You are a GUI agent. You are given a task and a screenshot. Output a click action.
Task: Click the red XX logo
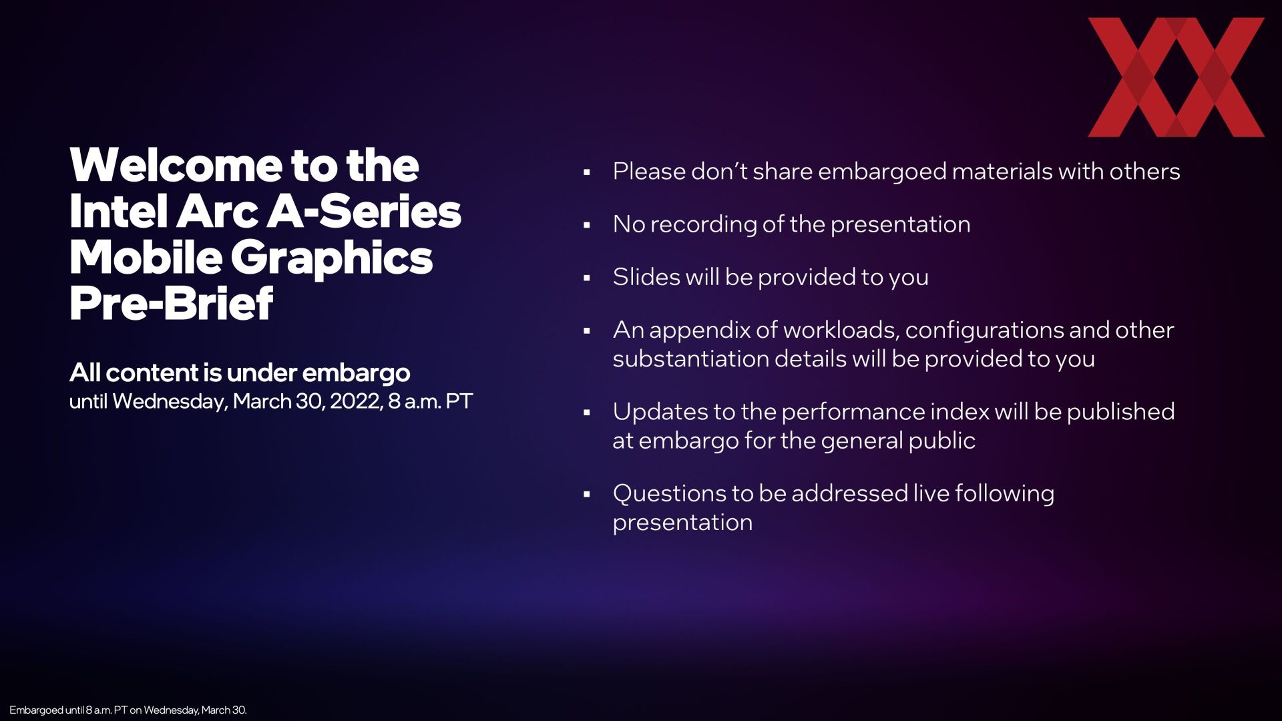click(x=1176, y=77)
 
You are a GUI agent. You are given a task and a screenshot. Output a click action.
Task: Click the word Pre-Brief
click(x=172, y=303)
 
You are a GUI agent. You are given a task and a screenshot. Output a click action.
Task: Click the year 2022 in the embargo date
click(x=355, y=401)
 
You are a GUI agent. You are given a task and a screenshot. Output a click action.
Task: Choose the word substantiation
click(x=690, y=358)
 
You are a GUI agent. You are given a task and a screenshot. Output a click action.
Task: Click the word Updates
click(x=660, y=411)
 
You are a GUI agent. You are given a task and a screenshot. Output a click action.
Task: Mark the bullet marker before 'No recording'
click(x=587, y=225)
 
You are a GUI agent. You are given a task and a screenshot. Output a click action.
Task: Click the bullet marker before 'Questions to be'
click(x=587, y=495)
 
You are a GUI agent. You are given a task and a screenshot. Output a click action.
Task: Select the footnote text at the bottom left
click(x=128, y=710)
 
